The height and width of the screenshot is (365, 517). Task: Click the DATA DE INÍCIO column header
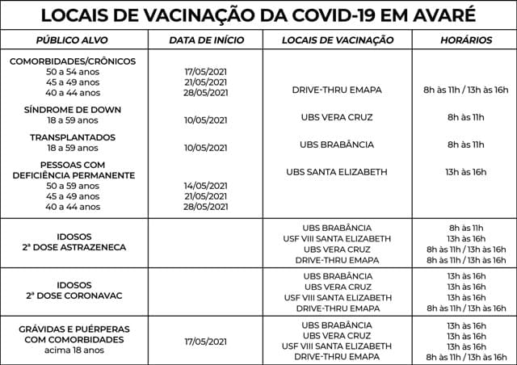(x=205, y=40)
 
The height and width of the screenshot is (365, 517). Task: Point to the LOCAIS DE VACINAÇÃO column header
(x=338, y=40)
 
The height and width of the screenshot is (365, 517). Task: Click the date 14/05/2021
(x=205, y=186)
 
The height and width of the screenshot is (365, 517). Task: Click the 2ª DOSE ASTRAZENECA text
(x=74, y=246)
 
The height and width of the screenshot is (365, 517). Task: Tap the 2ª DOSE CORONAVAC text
(x=74, y=296)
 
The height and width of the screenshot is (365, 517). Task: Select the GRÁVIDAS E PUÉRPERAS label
(x=74, y=329)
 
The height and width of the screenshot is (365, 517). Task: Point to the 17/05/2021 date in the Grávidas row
(x=205, y=341)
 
